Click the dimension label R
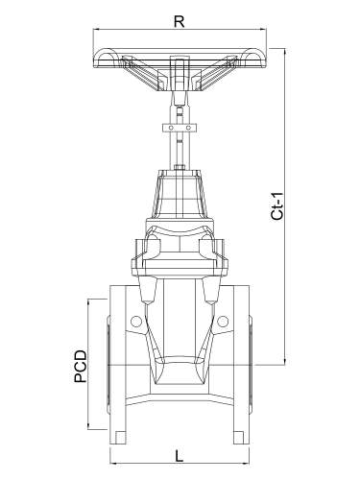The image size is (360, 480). (x=180, y=21)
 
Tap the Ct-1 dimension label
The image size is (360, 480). (x=277, y=206)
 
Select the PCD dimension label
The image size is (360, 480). (x=81, y=367)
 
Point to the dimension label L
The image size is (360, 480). (x=180, y=456)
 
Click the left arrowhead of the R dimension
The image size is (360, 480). (x=96, y=30)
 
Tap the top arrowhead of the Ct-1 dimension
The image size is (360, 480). (x=285, y=51)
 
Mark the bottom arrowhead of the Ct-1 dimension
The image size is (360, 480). (x=285, y=362)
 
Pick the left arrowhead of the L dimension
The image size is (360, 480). (x=113, y=463)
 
